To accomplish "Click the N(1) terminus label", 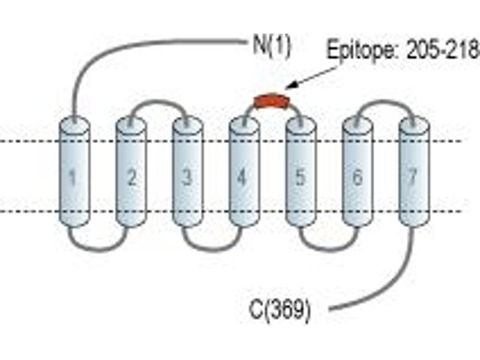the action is pos(272,47).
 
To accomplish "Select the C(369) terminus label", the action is pos(280,310).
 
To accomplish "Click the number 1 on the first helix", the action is pos(73,178).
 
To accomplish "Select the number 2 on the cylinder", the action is pos(131,177).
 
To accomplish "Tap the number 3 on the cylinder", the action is pos(187,177).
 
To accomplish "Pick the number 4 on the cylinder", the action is pos(242,177).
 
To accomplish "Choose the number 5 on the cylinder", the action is pos(300,177).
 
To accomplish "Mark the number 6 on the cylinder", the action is pos(357,177).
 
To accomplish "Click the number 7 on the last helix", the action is pos(413,177).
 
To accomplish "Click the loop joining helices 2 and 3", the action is pos(158,101).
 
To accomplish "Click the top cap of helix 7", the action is pos(415,125).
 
